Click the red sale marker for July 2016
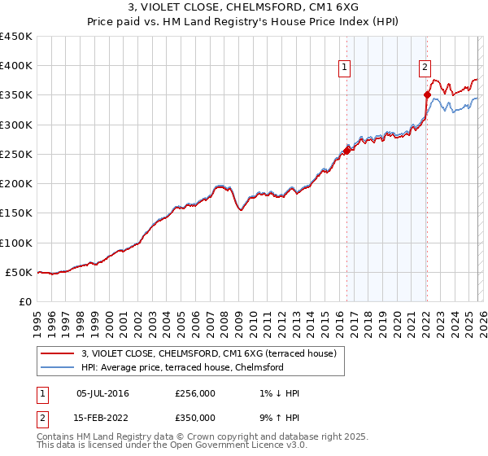pos(346,151)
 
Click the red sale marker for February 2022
pos(427,95)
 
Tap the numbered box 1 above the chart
pos(346,68)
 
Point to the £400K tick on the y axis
pos(16,66)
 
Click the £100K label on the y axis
pos(16,243)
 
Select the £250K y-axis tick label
pos(16,154)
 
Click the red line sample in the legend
pos(59,353)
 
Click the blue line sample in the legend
pos(59,367)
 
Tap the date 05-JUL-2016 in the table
pos(102,393)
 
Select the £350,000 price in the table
pos(195,417)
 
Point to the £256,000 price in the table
pos(195,393)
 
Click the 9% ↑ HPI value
pos(276,417)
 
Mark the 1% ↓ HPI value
pos(276,393)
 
